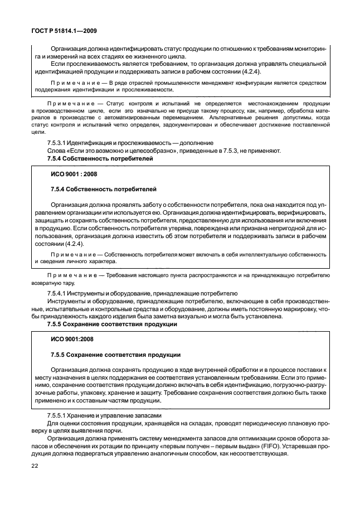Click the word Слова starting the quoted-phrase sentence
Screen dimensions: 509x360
(58, 152)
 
